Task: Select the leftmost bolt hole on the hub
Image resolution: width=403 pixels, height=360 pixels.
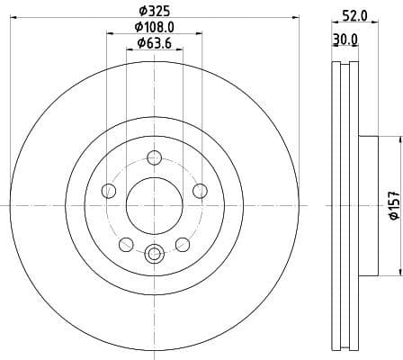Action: (x=109, y=190)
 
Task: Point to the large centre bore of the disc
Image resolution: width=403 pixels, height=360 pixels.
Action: (x=153, y=204)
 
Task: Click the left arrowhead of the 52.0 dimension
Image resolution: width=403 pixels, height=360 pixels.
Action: (x=334, y=23)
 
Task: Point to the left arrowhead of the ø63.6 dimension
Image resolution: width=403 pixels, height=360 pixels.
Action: (x=129, y=50)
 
